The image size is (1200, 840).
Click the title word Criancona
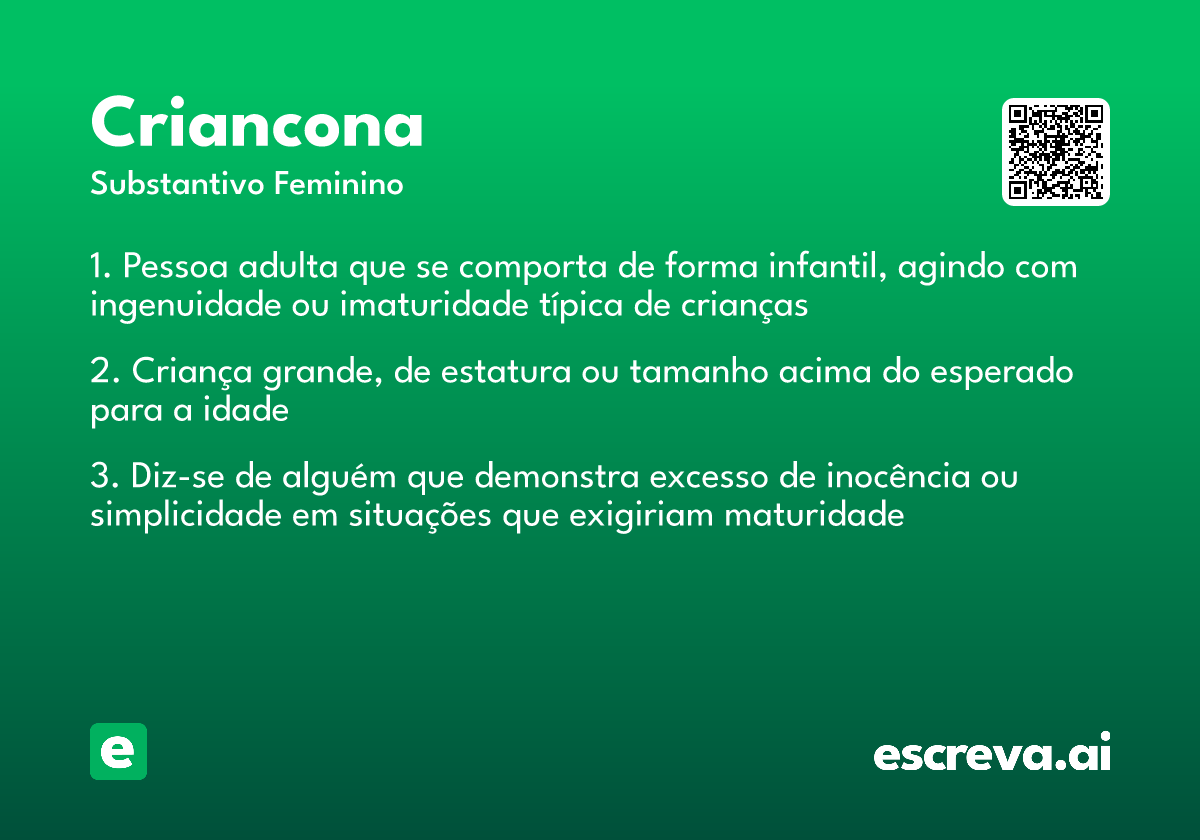(257, 124)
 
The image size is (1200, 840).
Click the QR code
(1056, 152)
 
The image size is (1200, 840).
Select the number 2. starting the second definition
(103, 373)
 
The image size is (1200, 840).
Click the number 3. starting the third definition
(103, 478)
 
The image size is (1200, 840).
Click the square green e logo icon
(118, 751)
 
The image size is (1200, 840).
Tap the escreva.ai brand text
(992, 754)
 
